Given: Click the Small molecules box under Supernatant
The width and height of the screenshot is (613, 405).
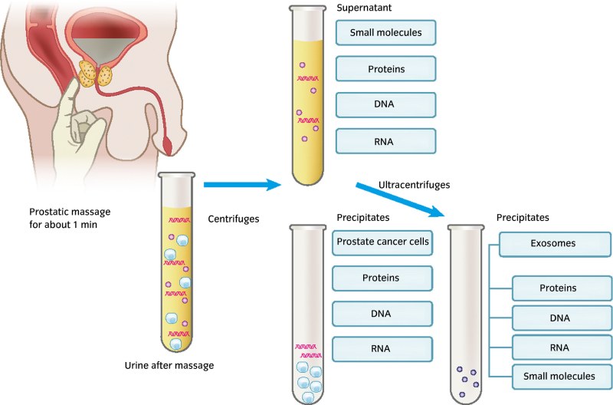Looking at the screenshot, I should point(385,33).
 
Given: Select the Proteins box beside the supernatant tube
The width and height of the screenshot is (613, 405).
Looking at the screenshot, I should point(385,70).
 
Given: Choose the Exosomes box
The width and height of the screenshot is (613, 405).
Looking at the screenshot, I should point(552,245).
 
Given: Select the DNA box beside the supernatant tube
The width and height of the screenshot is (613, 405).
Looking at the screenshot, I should point(385,105).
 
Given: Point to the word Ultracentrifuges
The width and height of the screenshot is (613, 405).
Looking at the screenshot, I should point(414,185).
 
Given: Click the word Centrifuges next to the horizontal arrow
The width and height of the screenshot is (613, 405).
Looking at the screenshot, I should point(234,219).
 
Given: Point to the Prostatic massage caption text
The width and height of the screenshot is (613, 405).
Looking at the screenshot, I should point(68,219).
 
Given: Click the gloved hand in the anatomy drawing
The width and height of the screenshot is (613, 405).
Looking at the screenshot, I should point(84,123).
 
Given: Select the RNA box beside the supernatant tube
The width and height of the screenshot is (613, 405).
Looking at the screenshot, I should point(385,140).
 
